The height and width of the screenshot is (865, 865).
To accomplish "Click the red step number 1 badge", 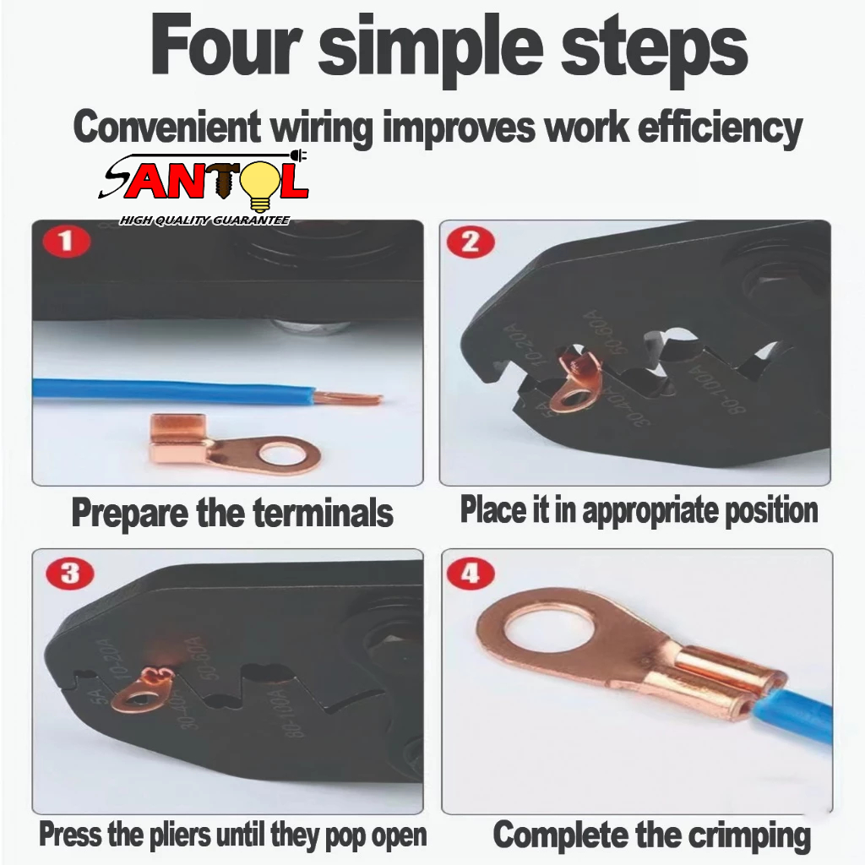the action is [x=68, y=241].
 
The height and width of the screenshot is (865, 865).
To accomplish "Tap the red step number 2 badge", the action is [x=470, y=242].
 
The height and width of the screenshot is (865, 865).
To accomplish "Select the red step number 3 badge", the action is [x=70, y=574].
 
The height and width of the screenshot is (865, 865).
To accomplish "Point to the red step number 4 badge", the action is [x=470, y=574].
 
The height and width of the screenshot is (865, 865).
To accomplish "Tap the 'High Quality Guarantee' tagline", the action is [x=204, y=220].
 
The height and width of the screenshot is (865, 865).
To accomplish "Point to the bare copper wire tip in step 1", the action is [x=349, y=396].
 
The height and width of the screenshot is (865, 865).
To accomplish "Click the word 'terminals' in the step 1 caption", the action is [x=324, y=513].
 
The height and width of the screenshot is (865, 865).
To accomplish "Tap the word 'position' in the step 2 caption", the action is [x=771, y=510].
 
